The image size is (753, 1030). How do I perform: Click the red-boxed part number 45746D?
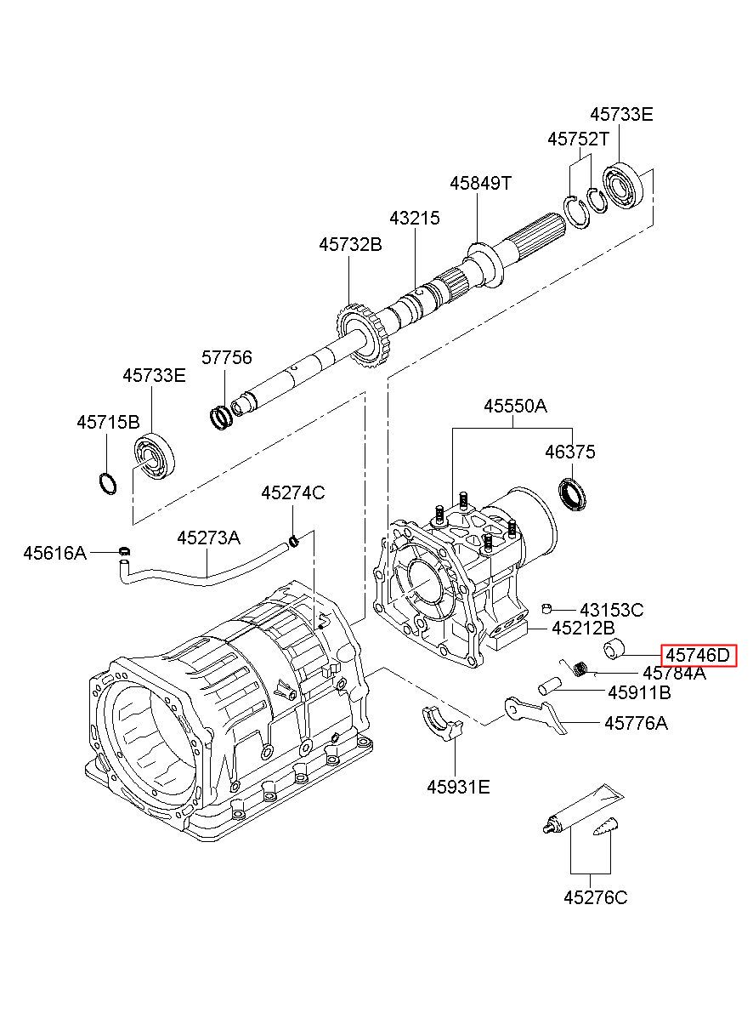click(698, 655)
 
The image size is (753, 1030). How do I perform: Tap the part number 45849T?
click(480, 183)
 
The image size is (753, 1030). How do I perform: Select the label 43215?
click(415, 218)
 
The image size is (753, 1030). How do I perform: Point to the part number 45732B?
click(350, 245)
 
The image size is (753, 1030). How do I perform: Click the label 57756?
click(227, 357)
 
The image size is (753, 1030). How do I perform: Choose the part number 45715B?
click(108, 422)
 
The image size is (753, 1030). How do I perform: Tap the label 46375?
click(570, 452)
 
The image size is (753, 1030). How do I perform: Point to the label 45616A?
click(54, 553)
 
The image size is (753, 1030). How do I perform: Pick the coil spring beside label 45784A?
click(580, 669)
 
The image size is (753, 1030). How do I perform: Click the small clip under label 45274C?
click(293, 541)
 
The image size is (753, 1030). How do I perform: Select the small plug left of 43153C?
click(546, 609)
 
